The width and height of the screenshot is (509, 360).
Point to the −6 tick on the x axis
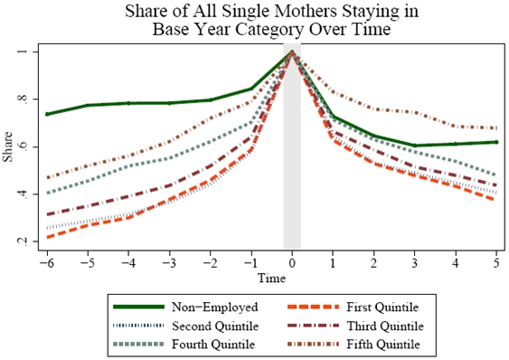pyautogui.click(x=46, y=259)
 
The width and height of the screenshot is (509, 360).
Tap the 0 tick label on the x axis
pyautogui.click(x=292, y=259)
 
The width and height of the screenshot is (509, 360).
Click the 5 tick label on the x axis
pyautogui.click(x=496, y=259)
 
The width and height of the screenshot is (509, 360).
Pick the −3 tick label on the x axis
pyautogui.click(x=167, y=259)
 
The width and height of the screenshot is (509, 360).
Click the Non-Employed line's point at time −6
pyautogui.click(x=46, y=114)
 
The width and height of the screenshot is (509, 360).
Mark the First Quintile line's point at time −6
pyautogui.click(x=46, y=237)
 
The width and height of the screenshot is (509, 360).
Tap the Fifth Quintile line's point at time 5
pyautogui.click(x=496, y=128)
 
